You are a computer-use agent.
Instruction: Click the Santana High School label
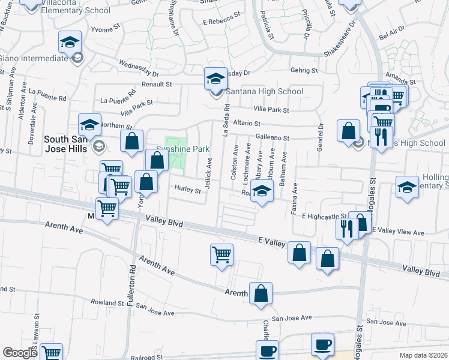(264, 91)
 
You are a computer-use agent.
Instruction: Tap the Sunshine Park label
(182, 148)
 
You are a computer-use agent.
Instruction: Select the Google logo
(20, 353)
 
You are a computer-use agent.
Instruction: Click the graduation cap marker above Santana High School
(215, 79)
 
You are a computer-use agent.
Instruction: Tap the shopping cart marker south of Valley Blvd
(221, 255)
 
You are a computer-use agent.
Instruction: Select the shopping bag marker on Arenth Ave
(261, 294)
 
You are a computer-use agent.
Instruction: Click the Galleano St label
(272, 138)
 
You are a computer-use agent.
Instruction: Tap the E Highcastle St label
(324, 216)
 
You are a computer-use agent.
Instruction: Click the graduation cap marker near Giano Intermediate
(70, 43)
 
